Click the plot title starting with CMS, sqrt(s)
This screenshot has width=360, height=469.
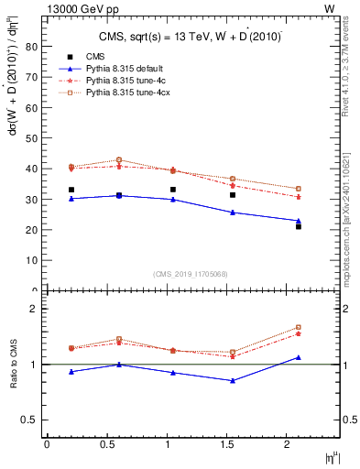tap(191, 37)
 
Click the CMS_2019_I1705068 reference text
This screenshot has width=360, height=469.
tap(190, 274)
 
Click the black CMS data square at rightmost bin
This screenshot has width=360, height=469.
tap(298, 226)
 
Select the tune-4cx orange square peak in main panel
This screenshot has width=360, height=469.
tap(119, 160)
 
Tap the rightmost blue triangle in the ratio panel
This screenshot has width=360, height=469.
tap(298, 357)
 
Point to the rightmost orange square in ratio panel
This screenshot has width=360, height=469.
tap(298, 327)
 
